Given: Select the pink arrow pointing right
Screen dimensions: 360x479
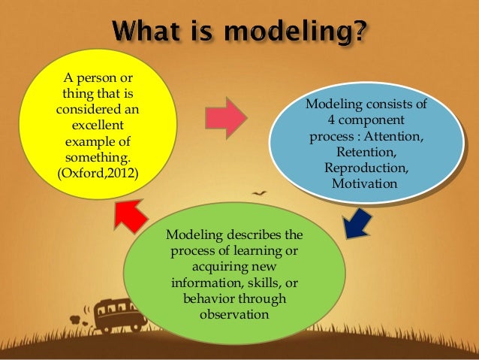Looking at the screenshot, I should click(225, 117).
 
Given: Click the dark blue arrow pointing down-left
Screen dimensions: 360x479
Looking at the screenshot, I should click(357, 223).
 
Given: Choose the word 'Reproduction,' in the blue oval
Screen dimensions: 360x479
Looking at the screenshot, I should click(367, 168).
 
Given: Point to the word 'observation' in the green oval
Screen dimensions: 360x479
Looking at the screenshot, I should click(233, 314).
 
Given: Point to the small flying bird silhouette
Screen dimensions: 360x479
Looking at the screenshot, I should click(259, 194).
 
